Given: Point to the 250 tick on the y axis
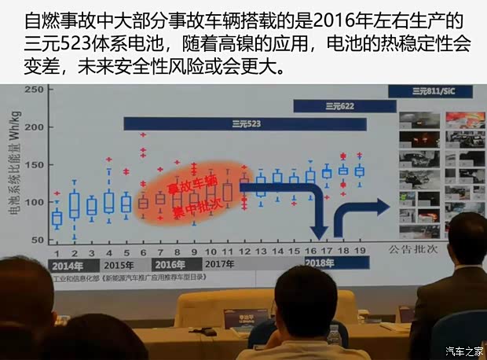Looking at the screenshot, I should click(32, 90).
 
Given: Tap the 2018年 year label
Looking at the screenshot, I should click(318, 262).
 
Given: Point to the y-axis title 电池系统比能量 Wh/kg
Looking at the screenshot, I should click(13, 165).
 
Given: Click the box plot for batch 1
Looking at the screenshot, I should click(57, 218).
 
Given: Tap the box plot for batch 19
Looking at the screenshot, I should click(360, 171).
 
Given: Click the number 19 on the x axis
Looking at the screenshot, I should click(360, 250).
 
